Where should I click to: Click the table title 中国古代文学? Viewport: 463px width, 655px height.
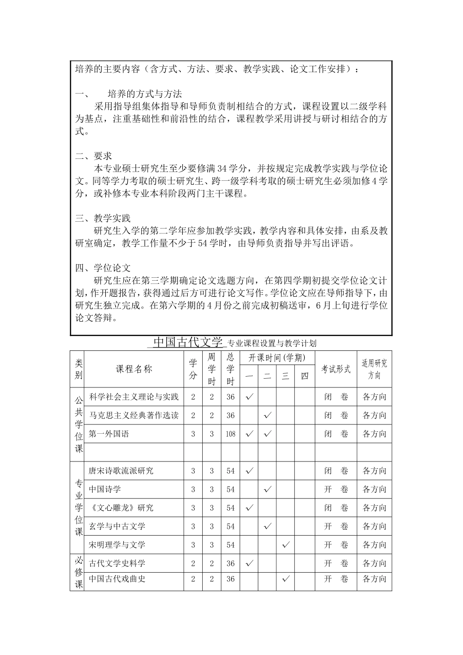pyautogui.click(x=188, y=342)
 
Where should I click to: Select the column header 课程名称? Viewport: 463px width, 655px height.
pyautogui.click(x=134, y=369)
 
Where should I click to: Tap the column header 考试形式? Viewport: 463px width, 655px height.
pyautogui.click(x=336, y=369)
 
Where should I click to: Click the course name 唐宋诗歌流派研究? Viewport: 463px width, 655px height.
pyautogui.click(x=121, y=471)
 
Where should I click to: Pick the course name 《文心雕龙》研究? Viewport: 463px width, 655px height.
pyautogui.click(x=121, y=508)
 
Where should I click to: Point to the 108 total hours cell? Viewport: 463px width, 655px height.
pyautogui.click(x=231, y=434)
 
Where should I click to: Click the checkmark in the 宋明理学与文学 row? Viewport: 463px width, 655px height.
pyautogui.click(x=286, y=544)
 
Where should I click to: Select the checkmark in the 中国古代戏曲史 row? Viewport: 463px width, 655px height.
pyautogui.click(x=286, y=578)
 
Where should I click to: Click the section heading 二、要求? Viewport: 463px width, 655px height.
pyautogui.click(x=94, y=156)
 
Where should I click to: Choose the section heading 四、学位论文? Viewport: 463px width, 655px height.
pyautogui.click(x=103, y=268)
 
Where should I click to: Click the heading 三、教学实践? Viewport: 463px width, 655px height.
pyautogui.click(x=103, y=218)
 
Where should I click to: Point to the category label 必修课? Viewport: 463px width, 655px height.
pyautogui.click(x=79, y=572)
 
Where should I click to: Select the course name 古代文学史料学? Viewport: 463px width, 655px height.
pyautogui.click(x=117, y=563)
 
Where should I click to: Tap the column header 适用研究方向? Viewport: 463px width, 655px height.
pyautogui.click(x=374, y=369)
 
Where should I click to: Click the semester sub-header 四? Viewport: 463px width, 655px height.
pyautogui.click(x=305, y=376)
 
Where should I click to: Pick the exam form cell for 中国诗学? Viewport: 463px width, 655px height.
pyautogui.click(x=336, y=489)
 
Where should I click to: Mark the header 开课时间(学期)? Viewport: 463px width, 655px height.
pyautogui.click(x=277, y=358)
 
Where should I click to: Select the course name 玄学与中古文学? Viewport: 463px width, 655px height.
pyautogui.click(x=117, y=526)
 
